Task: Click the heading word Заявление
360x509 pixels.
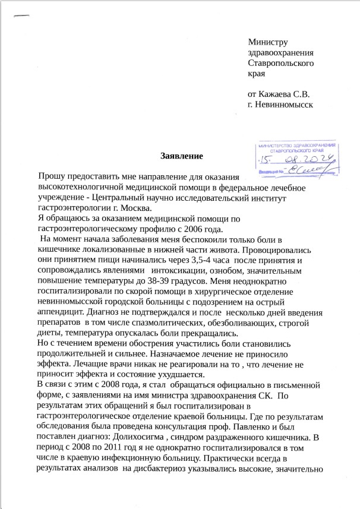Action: click(x=182, y=156)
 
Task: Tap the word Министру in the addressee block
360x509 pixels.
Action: click(x=268, y=42)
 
